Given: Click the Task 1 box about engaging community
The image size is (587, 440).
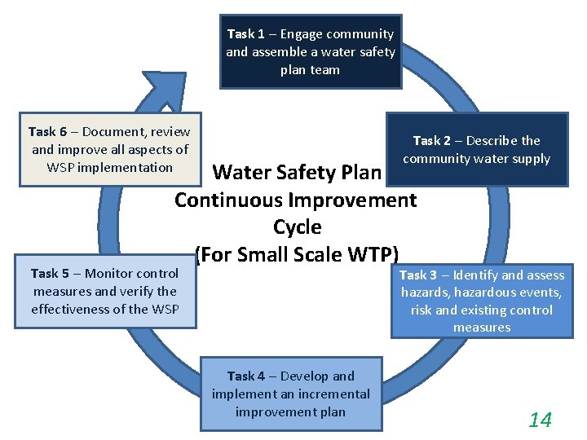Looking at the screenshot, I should click(310, 51).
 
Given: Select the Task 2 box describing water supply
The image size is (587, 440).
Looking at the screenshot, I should click(476, 149).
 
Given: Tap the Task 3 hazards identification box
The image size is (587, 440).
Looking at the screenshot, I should click(481, 301).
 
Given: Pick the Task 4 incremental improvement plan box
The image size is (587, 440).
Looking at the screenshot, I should click(290, 394).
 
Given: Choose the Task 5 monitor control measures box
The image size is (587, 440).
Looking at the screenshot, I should click(104, 291).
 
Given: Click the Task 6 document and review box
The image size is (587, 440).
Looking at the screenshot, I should click(109, 149).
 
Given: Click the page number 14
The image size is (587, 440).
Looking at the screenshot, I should click(540, 420).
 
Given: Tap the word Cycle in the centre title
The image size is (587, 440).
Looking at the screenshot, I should click(297, 227).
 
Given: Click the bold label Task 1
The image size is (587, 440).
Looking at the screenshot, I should click(245, 34).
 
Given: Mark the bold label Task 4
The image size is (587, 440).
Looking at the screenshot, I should click(245, 376).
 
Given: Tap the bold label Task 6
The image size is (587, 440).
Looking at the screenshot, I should click(47, 131).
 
